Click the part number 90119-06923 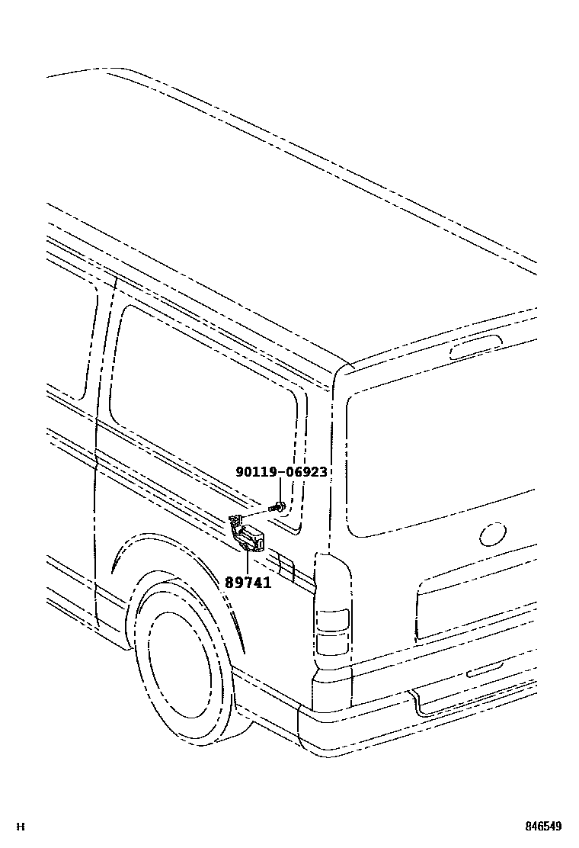click(x=281, y=472)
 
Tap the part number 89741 click(x=248, y=581)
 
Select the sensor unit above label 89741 click(x=249, y=535)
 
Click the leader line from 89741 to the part click(x=248, y=561)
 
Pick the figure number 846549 click(x=542, y=827)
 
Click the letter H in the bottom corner click(x=21, y=827)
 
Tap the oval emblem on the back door click(x=493, y=534)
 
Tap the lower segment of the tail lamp click(x=332, y=645)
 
